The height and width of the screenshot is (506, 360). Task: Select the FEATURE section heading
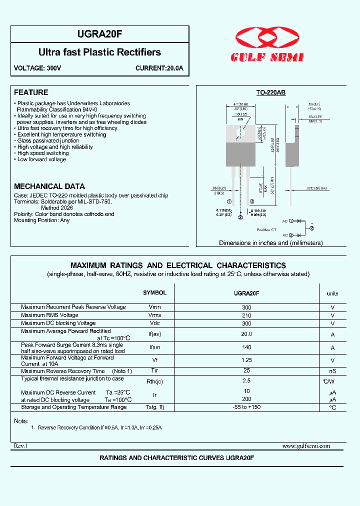pyautogui.click(x=31, y=92)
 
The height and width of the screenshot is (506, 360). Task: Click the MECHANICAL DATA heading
pyautogui.click(x=49, y=186)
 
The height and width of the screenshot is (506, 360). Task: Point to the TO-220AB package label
pyautogui.click(x=270, y=92)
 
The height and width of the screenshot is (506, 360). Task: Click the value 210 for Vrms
pyautogui.click(x=246, y=315)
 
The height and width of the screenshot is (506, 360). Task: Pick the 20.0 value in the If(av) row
pyautogui.click(x=246, y=333)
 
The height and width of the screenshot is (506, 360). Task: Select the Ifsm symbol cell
pyautogui.click(x=154, y=347)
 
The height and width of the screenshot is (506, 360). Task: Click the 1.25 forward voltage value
pyautogui.click(x=246, y=360)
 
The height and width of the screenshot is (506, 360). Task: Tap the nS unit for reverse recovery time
pyautogui.click(x=332, y=371)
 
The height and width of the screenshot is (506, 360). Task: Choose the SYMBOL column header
pyautogui.click(x=154, y=293)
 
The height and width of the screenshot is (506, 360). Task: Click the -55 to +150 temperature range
pyautogui.click(x=246, y=407)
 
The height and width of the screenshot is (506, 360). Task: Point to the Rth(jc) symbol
pyautogui.click(x=154, y=382)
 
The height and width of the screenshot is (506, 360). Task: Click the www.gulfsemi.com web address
pyautogui.click(x=306, y=446)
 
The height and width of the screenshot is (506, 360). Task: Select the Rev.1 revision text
pyautogui.click(x=20, y=446)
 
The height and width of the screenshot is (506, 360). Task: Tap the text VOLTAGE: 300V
pyautogui.click(x=37, y=68)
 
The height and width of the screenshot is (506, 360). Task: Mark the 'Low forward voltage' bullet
pyautogui.click(x=41, y=159)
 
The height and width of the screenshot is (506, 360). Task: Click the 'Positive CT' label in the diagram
pyautogui.click(x=266, y=229)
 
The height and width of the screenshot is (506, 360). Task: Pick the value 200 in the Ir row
pyautogui.click(x=246, y=399)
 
